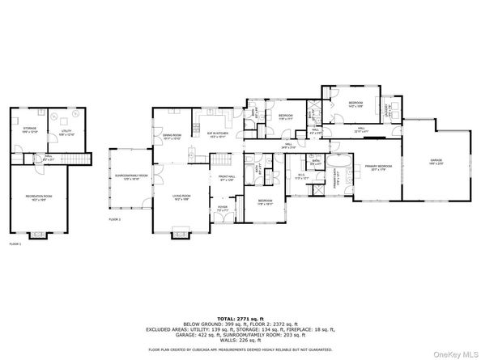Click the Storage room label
pyautogui.click(x=31, y=128)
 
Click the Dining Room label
pyautogui.click(x=172, y=136)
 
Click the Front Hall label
pyautogui.click(x=225, y=177)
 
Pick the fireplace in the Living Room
pyautogui.click(x=180, y=235)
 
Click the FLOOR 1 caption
pyautogui.click(x=15, y=244)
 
